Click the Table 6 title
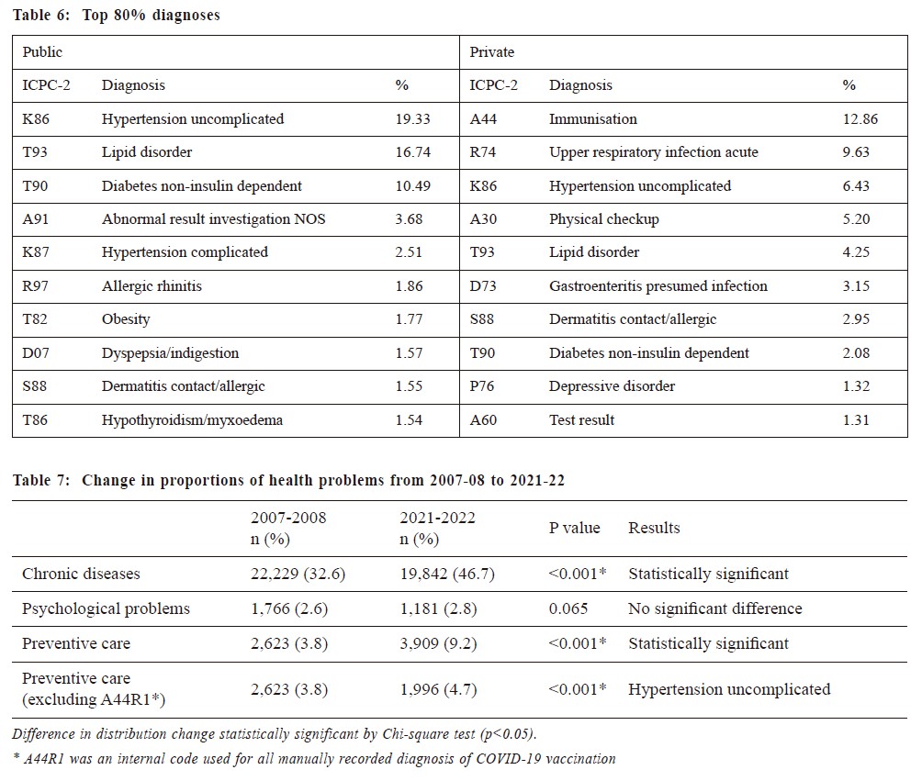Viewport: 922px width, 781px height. coord(117,15)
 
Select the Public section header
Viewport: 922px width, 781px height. coord(42,51)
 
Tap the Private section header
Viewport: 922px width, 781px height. coord(491,51)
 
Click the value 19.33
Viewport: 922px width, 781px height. coord(412,118)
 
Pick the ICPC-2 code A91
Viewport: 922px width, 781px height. coord(35,218)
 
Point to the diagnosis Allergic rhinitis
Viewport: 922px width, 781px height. coord(152,285)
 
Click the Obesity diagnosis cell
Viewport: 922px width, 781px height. coord(126,319)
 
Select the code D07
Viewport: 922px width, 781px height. coord(35,352)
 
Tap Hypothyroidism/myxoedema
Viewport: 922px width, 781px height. coord(192,419)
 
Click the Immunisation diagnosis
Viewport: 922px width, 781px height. coord(592,118)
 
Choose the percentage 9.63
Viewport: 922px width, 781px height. coord(856,151)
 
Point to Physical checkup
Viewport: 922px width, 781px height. coord(604,219)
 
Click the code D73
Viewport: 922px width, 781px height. coord(483,285)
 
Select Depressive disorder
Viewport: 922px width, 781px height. coord(613,386)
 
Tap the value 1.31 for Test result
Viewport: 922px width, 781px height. coord(856,419)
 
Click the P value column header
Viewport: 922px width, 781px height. coord(575,528)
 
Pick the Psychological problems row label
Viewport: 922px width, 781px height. coord(106,608)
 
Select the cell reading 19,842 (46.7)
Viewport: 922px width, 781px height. coord(447,574)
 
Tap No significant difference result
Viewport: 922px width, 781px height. coord(715,608)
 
